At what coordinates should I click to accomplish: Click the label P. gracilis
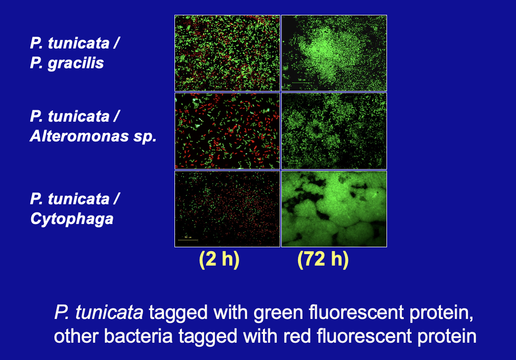[x=67, y=63]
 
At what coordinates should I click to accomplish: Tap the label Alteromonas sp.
[x=93, y=136]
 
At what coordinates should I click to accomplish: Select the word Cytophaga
[x=72, y=219]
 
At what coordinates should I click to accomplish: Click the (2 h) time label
[x=219, y=259]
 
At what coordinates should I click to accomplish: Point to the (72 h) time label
[x=323, y=259]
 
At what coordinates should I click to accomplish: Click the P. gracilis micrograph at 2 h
[x=227, y=52]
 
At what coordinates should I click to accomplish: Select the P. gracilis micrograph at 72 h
[x=334, y=52]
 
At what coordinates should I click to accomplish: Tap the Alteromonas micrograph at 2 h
[x=227, y=131]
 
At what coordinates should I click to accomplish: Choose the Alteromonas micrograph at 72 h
[x=334, y=131]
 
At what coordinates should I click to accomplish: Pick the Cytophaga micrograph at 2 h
[x=227, y=208]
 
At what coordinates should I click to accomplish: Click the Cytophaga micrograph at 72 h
[x=334, y=208]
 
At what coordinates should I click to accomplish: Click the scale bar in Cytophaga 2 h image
[x=188, y=240]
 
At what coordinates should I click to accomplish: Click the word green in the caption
[x=279, y=314]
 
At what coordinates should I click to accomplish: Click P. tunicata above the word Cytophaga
[x=75, y=199]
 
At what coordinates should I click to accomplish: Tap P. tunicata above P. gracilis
[x=75, y=43]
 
